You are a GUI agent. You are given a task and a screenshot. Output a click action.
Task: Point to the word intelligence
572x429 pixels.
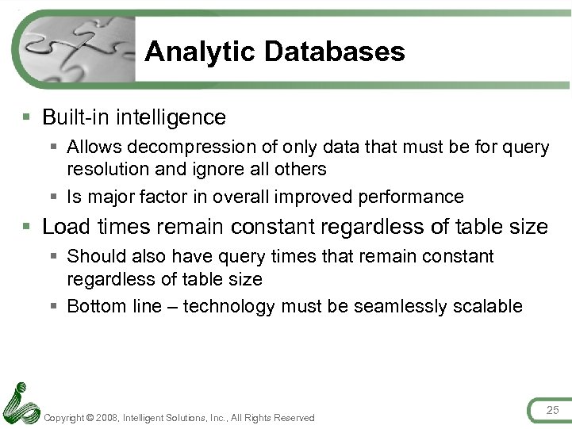coord(172,117)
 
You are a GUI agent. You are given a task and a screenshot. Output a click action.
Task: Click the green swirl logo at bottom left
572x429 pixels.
coord(20,404)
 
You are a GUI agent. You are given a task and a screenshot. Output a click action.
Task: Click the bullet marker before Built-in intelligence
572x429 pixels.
coord(28,118)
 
